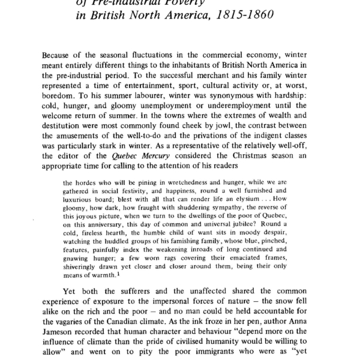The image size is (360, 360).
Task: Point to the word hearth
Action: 116,245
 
